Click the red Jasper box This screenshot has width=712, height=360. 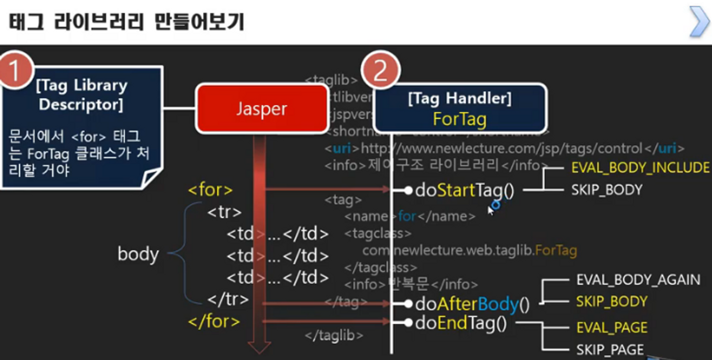pos(262,109)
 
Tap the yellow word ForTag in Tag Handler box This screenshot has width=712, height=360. pos(460,119)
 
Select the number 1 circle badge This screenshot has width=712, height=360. pos(15,70)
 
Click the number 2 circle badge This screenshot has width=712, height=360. pos(380,72)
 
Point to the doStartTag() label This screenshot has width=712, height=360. pos(465,191)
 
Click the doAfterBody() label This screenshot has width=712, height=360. pos(472,305)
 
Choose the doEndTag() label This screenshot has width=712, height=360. pos(461,324)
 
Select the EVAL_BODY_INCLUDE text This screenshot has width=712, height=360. pos(640,168)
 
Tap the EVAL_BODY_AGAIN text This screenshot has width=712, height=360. pos(638,280)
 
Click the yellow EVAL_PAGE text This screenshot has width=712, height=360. pos(612,328)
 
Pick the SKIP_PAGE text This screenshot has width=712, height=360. pos(610,350)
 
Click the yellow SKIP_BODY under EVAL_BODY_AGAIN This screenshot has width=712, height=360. pos(611,302)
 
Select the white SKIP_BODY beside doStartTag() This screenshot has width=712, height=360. pos(606,190)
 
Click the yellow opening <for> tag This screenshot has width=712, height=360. pos(210,190)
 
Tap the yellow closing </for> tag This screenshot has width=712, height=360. pos(214,322)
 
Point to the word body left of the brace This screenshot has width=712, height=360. pos(138,254)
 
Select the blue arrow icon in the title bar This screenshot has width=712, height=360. pos(699,21)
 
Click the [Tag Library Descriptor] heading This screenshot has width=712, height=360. pos(82,95)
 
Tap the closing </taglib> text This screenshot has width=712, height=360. pos(334,336)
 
